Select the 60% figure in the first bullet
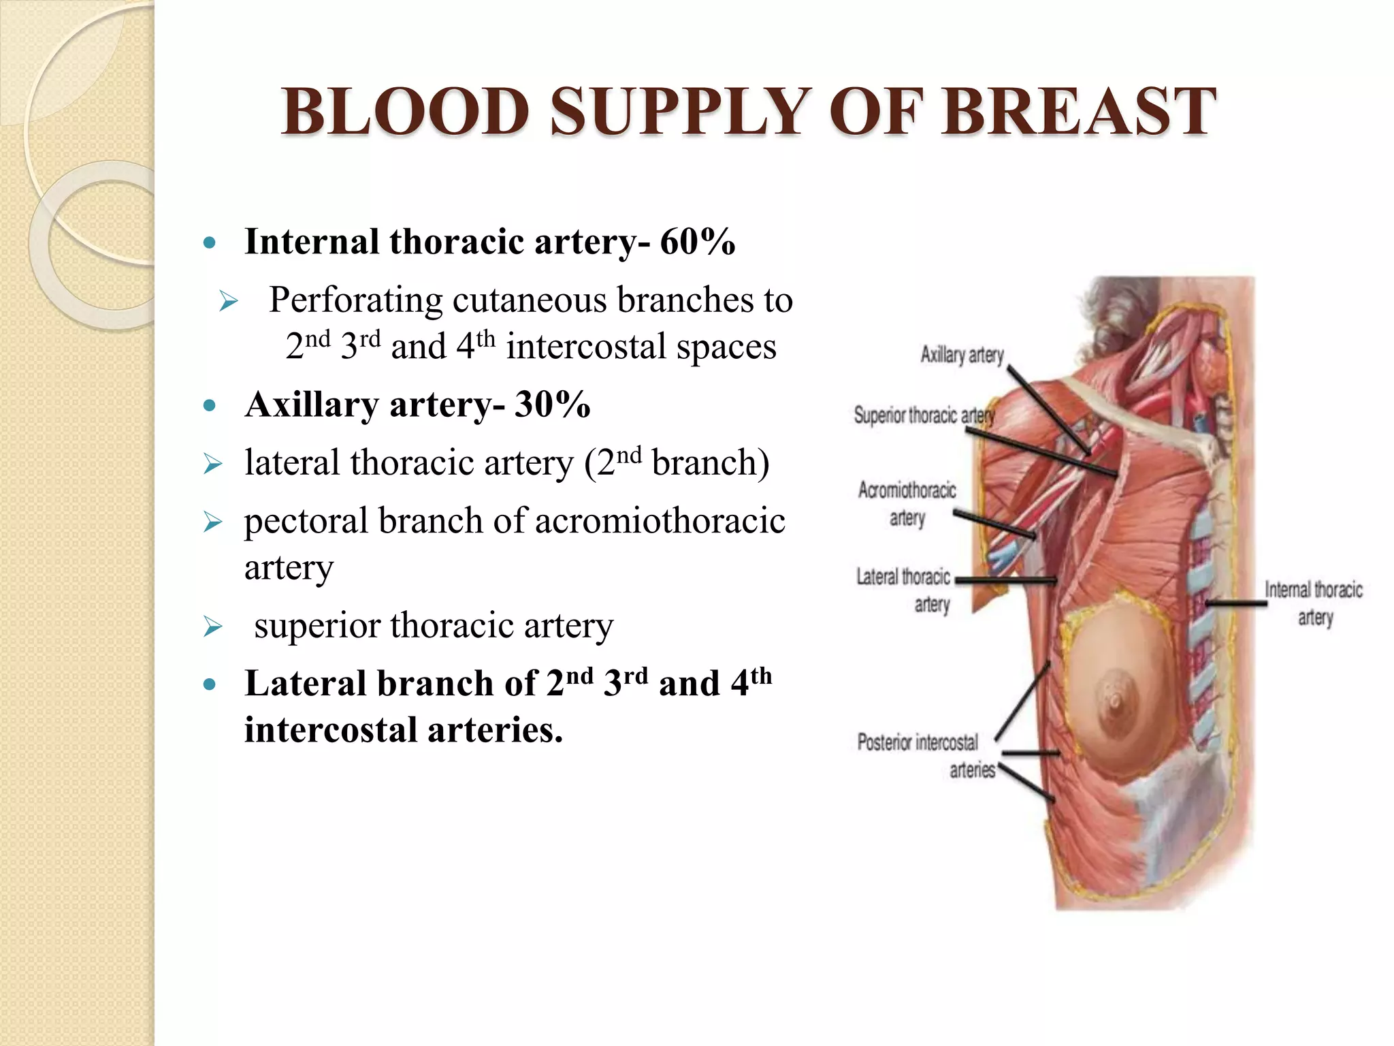click(x=697, y=242)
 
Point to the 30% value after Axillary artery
click(x=552, y=405)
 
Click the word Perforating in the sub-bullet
click(x=355, y=300)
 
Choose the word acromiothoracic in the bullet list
click(x=660, y=521)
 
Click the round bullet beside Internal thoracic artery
click(x=210, y=243)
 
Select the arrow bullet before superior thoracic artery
click(x=213, y=627)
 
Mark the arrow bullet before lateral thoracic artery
click(x=213, y=464)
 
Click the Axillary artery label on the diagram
click(x=962, y=355)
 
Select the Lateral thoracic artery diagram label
click(x=904, y=590)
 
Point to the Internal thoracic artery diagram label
click(x=1314, y=603)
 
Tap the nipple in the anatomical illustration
click(x=1115, y=699)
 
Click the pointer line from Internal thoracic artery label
click(x=1235, y=603)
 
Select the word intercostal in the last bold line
click(x=331, y=730)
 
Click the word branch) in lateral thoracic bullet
click(x=710, y=463)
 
